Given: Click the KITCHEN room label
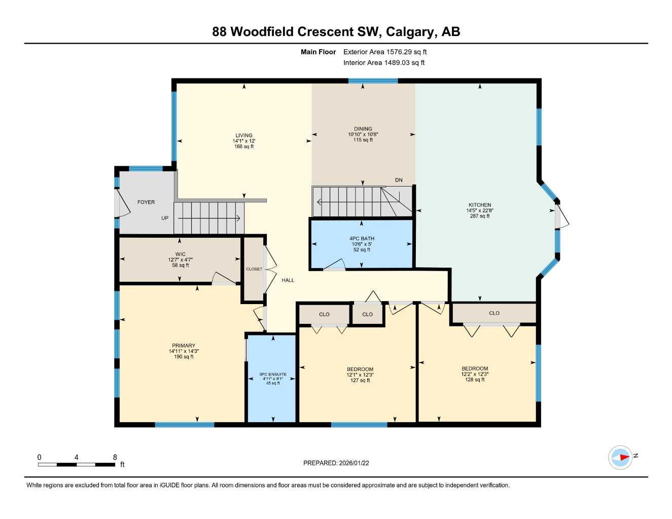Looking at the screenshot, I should pyautogui.click(x=479, y=205).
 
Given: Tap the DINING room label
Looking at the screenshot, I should pyautogui.click(x=363, y=129).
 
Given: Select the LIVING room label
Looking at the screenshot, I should pyautogui.click(x=243, y=135).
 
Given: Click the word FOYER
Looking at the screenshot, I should pyautogui.click(x=146, y=202).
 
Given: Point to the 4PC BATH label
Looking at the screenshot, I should pyautogui.click(x=362, y=238).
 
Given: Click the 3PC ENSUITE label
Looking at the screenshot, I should pyautogui.click(x=274, y=374).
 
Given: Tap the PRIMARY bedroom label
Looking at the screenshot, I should pyautogui.click(x=183, y=346).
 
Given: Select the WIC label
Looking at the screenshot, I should pyautogui.click(x=180, y=254).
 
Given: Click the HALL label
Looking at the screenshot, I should pyautogui.click(x=288, y=280).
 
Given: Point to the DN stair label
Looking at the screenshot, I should pyautogui.click(x=399, y=180).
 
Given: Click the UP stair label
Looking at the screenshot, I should pyautogui.click(x=165, y=218).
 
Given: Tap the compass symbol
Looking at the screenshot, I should pyautogui.click(x=620, y=457).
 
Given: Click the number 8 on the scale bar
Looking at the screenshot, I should pyautogui.click(x=115, y=457).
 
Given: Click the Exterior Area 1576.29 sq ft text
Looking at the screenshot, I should pyautogui.click(x=385, y=52).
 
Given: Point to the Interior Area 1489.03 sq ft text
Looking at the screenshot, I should pyautogui.click(x=384, y=63).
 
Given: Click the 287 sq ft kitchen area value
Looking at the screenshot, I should pyautogui.click(x=479, y=216).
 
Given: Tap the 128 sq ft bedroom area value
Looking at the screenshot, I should pyautogui.click(x=475, y=380).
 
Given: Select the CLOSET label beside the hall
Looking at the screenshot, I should pyautogui.click(x=254, y=269).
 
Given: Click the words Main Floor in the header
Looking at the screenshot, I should pyautogui.click(x=318, y=52).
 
